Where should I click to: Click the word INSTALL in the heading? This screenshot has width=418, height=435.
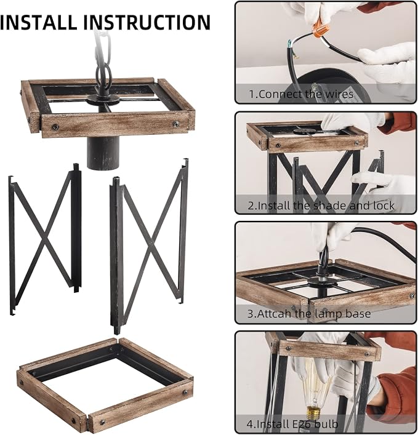click(38, 22)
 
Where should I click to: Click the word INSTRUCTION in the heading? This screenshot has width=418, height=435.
click(147, 22)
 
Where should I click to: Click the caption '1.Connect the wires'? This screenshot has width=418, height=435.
click(301, 94)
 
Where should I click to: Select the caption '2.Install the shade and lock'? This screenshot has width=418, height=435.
click(321, 206)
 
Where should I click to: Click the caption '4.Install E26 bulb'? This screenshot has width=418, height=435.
click(292, 424)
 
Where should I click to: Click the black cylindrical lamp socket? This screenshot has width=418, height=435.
click(103, 153)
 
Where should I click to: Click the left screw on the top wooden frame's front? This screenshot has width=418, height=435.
click(55, 127)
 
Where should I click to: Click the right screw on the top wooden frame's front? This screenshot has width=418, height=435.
click(175, 124)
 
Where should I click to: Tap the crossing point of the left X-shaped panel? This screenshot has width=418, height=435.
click(45, 239)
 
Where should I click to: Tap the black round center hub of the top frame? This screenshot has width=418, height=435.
click(103, 99)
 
